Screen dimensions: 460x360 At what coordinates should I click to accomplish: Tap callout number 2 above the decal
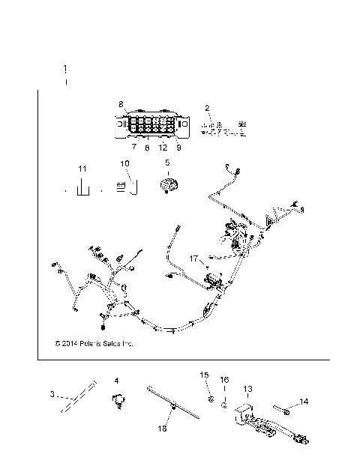(207, 108)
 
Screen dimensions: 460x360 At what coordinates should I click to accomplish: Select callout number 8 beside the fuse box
(121, 104)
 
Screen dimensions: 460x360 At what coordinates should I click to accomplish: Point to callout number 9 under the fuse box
(178, 148)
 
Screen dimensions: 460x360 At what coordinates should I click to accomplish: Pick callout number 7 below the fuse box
(134, 148)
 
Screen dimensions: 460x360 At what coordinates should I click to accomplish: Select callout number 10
(125, 163)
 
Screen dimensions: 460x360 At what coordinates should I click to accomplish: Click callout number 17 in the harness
(193, 258)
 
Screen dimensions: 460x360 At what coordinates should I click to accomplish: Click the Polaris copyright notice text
(94, 345)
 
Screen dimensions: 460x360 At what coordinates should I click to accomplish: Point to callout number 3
(52, 394)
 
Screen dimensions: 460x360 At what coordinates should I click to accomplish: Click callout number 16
(223, 379)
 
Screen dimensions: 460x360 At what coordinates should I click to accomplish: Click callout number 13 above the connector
(247, 390)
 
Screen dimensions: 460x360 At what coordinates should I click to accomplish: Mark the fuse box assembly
(150, 126)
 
